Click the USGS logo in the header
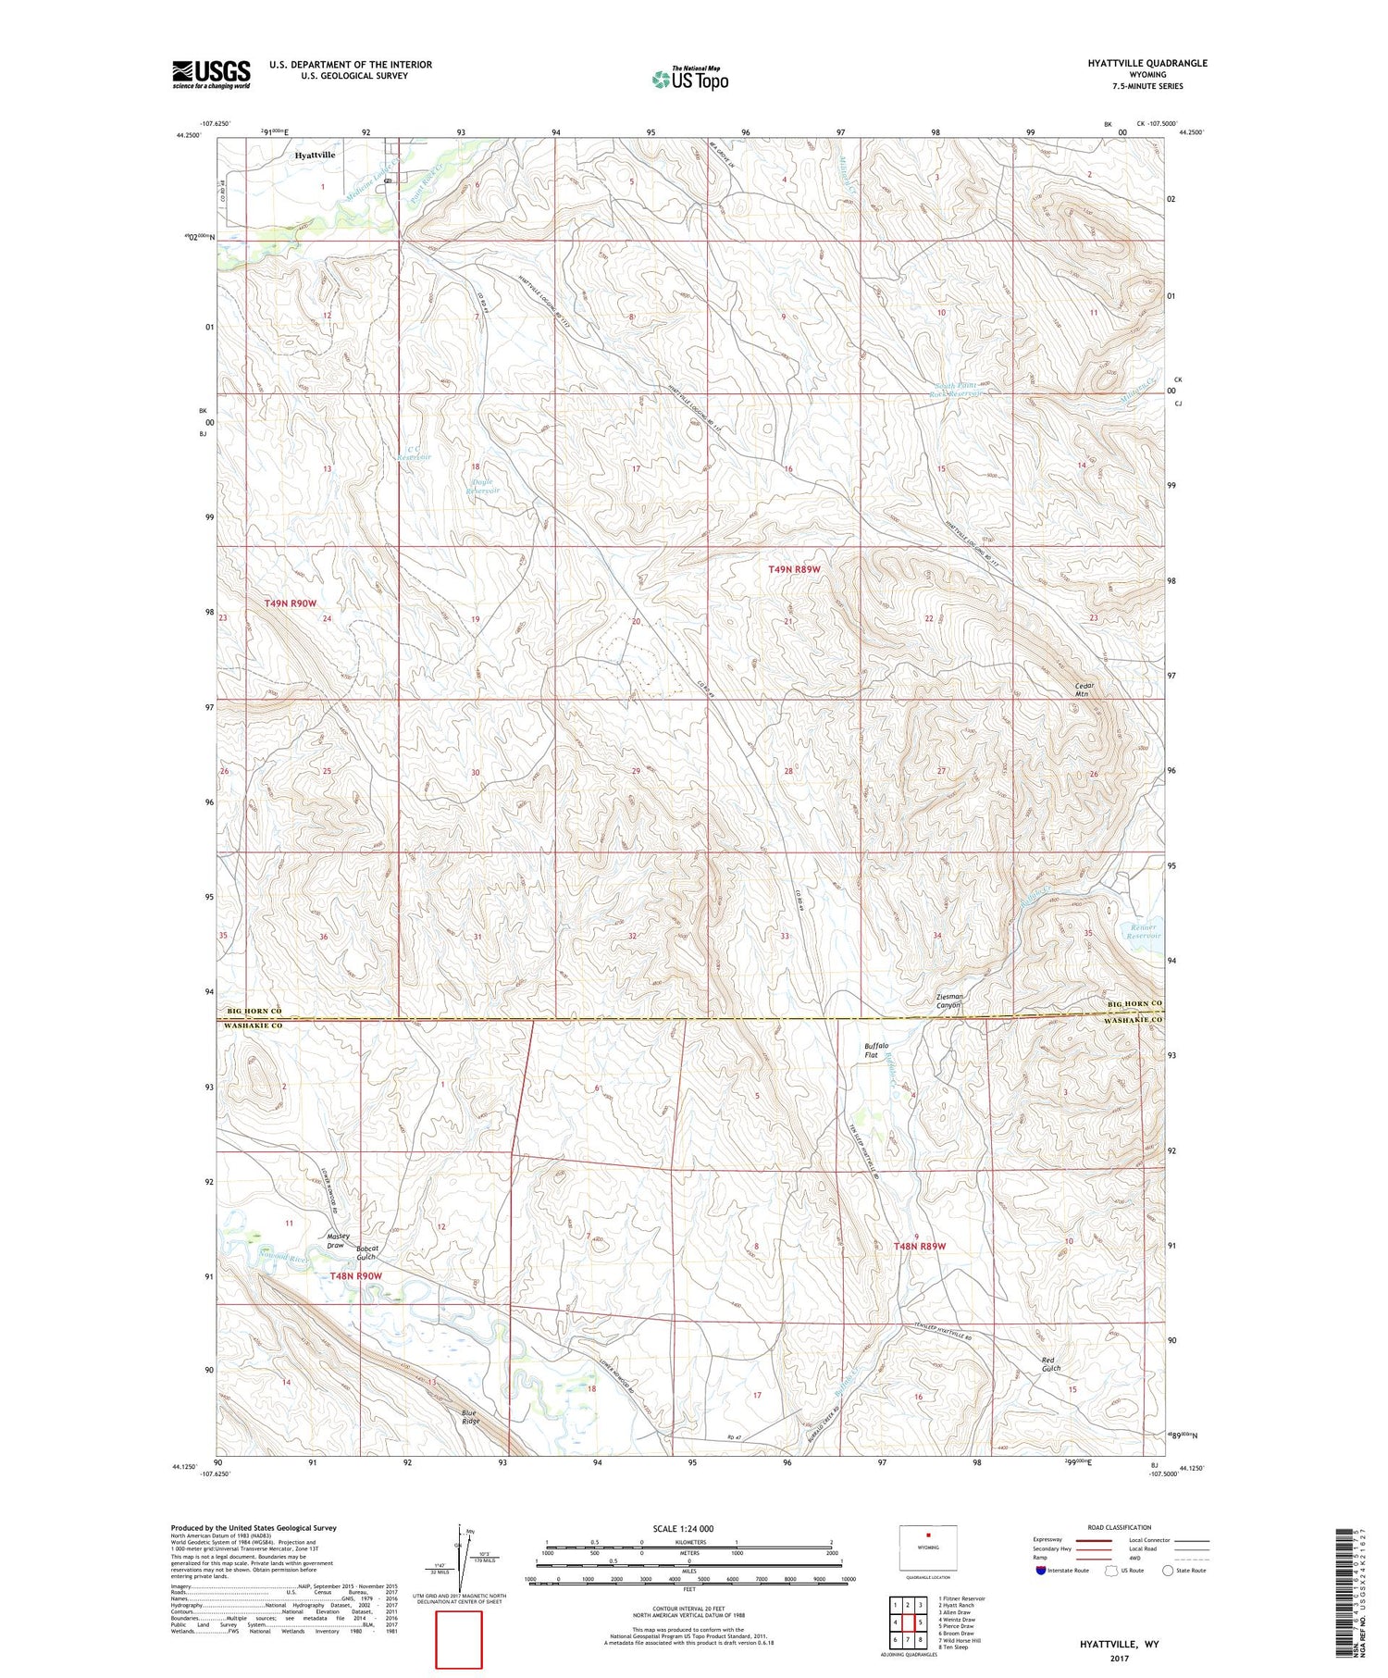[211, 74]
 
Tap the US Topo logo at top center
[690, 79]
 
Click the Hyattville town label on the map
[315, 155]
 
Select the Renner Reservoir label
[1137, 931]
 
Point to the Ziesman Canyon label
[950, 1001]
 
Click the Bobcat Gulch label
[366, 1251]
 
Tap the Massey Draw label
[338, 1241]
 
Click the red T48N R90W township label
[356, 1276]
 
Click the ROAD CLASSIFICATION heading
[1120, 1527]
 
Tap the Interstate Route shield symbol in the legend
[1041, 1571]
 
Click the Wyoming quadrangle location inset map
[928, 1548]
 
